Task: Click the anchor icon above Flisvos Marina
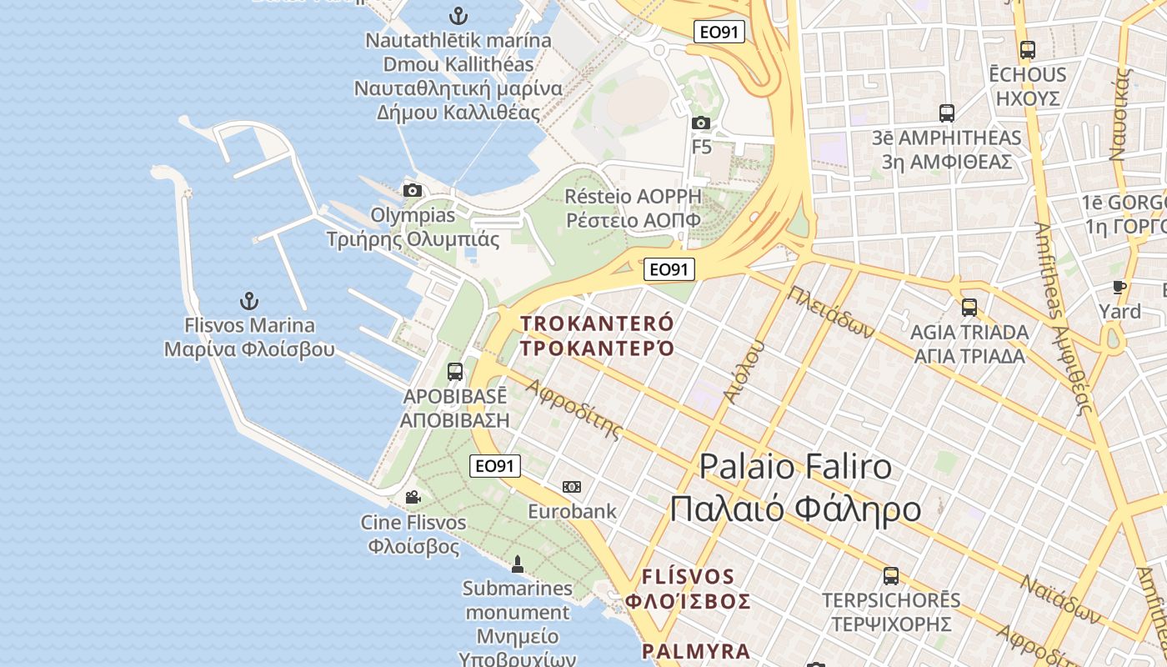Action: (x=248, y=301)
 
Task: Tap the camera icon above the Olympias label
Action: (x=412, y=191)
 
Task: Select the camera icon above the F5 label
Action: (x=701, y=123)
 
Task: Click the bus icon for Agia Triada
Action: (x=969, y=308)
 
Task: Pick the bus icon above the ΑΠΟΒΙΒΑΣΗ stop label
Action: (x=455, y=372)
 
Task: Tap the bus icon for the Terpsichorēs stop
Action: (x=890, y=576)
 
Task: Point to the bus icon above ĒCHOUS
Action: (x=1027, y=50)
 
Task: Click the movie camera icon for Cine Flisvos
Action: (x=413, y=498)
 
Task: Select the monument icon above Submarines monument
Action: (x=518, y=564)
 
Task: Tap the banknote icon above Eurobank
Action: (x=572, y=487)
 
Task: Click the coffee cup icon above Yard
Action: (x=1119, y=288)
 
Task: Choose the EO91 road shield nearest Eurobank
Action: (x=495, y=466)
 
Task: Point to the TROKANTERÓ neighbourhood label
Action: (x=597, y=323)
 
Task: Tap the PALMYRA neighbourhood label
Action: (x=696, y=651)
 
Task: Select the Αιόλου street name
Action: (x=744, y=373)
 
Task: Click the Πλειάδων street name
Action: (x=830, y=312)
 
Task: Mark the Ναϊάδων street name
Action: (x=1061, y=600)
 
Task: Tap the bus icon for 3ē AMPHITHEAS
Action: (x=946, y=113)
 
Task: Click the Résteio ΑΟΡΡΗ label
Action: (x=633, y=197)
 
